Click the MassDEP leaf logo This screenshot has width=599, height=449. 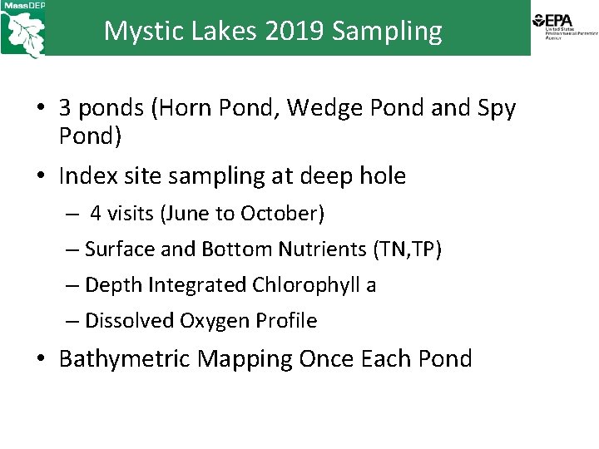23,32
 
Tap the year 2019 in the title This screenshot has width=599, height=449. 295,31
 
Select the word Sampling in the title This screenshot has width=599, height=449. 387,31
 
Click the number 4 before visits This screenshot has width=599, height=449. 96,214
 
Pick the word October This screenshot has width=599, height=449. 281,214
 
